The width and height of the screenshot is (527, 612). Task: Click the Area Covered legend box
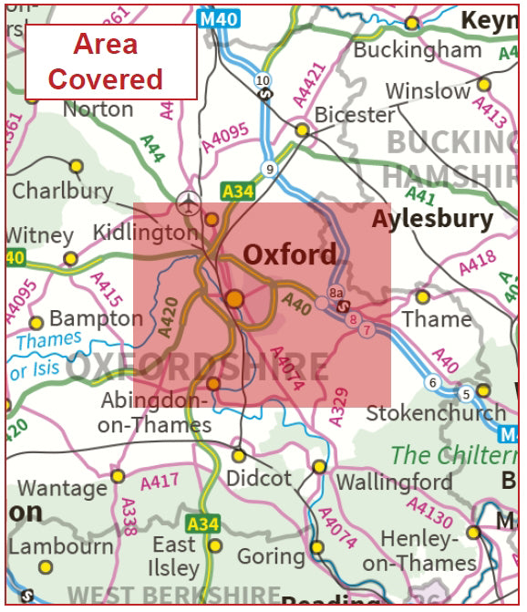[110, 61]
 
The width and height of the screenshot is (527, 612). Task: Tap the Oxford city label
[289, 254]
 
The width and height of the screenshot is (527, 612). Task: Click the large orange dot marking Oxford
[235, 298]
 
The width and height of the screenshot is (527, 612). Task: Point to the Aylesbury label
[432, 219]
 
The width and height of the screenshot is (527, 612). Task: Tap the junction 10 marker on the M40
[263, 81]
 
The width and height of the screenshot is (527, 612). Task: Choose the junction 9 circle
[268, 168]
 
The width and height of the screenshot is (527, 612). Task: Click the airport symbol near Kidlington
[189, 199]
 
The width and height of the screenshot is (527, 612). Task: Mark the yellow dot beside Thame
[422, 296]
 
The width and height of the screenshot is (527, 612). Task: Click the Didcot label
[260, 478]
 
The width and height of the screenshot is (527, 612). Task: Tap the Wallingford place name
[394, 481]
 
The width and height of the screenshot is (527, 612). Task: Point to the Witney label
[38, 235]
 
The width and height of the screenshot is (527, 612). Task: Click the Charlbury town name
[62, 192]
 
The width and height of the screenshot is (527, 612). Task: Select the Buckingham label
[418, 49]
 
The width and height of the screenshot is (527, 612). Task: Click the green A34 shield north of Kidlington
[237, 190]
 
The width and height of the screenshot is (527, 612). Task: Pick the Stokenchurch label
[436, 412]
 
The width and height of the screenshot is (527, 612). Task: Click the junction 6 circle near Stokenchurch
[431, 382]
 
